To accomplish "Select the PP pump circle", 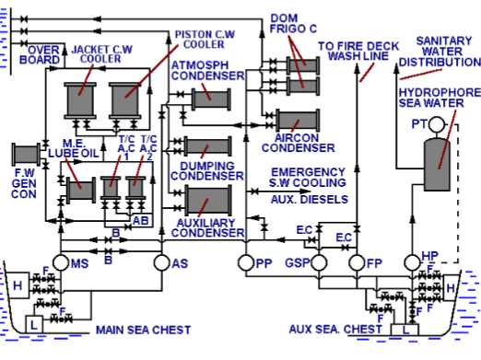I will (x=245, y=263).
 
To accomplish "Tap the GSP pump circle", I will (x=319, y=263).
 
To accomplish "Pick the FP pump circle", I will (x=358, y=263).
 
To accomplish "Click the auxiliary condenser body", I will (x=209, y=200).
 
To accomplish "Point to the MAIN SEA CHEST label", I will (x=143, y=330).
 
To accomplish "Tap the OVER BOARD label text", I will (x=42, y=54).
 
